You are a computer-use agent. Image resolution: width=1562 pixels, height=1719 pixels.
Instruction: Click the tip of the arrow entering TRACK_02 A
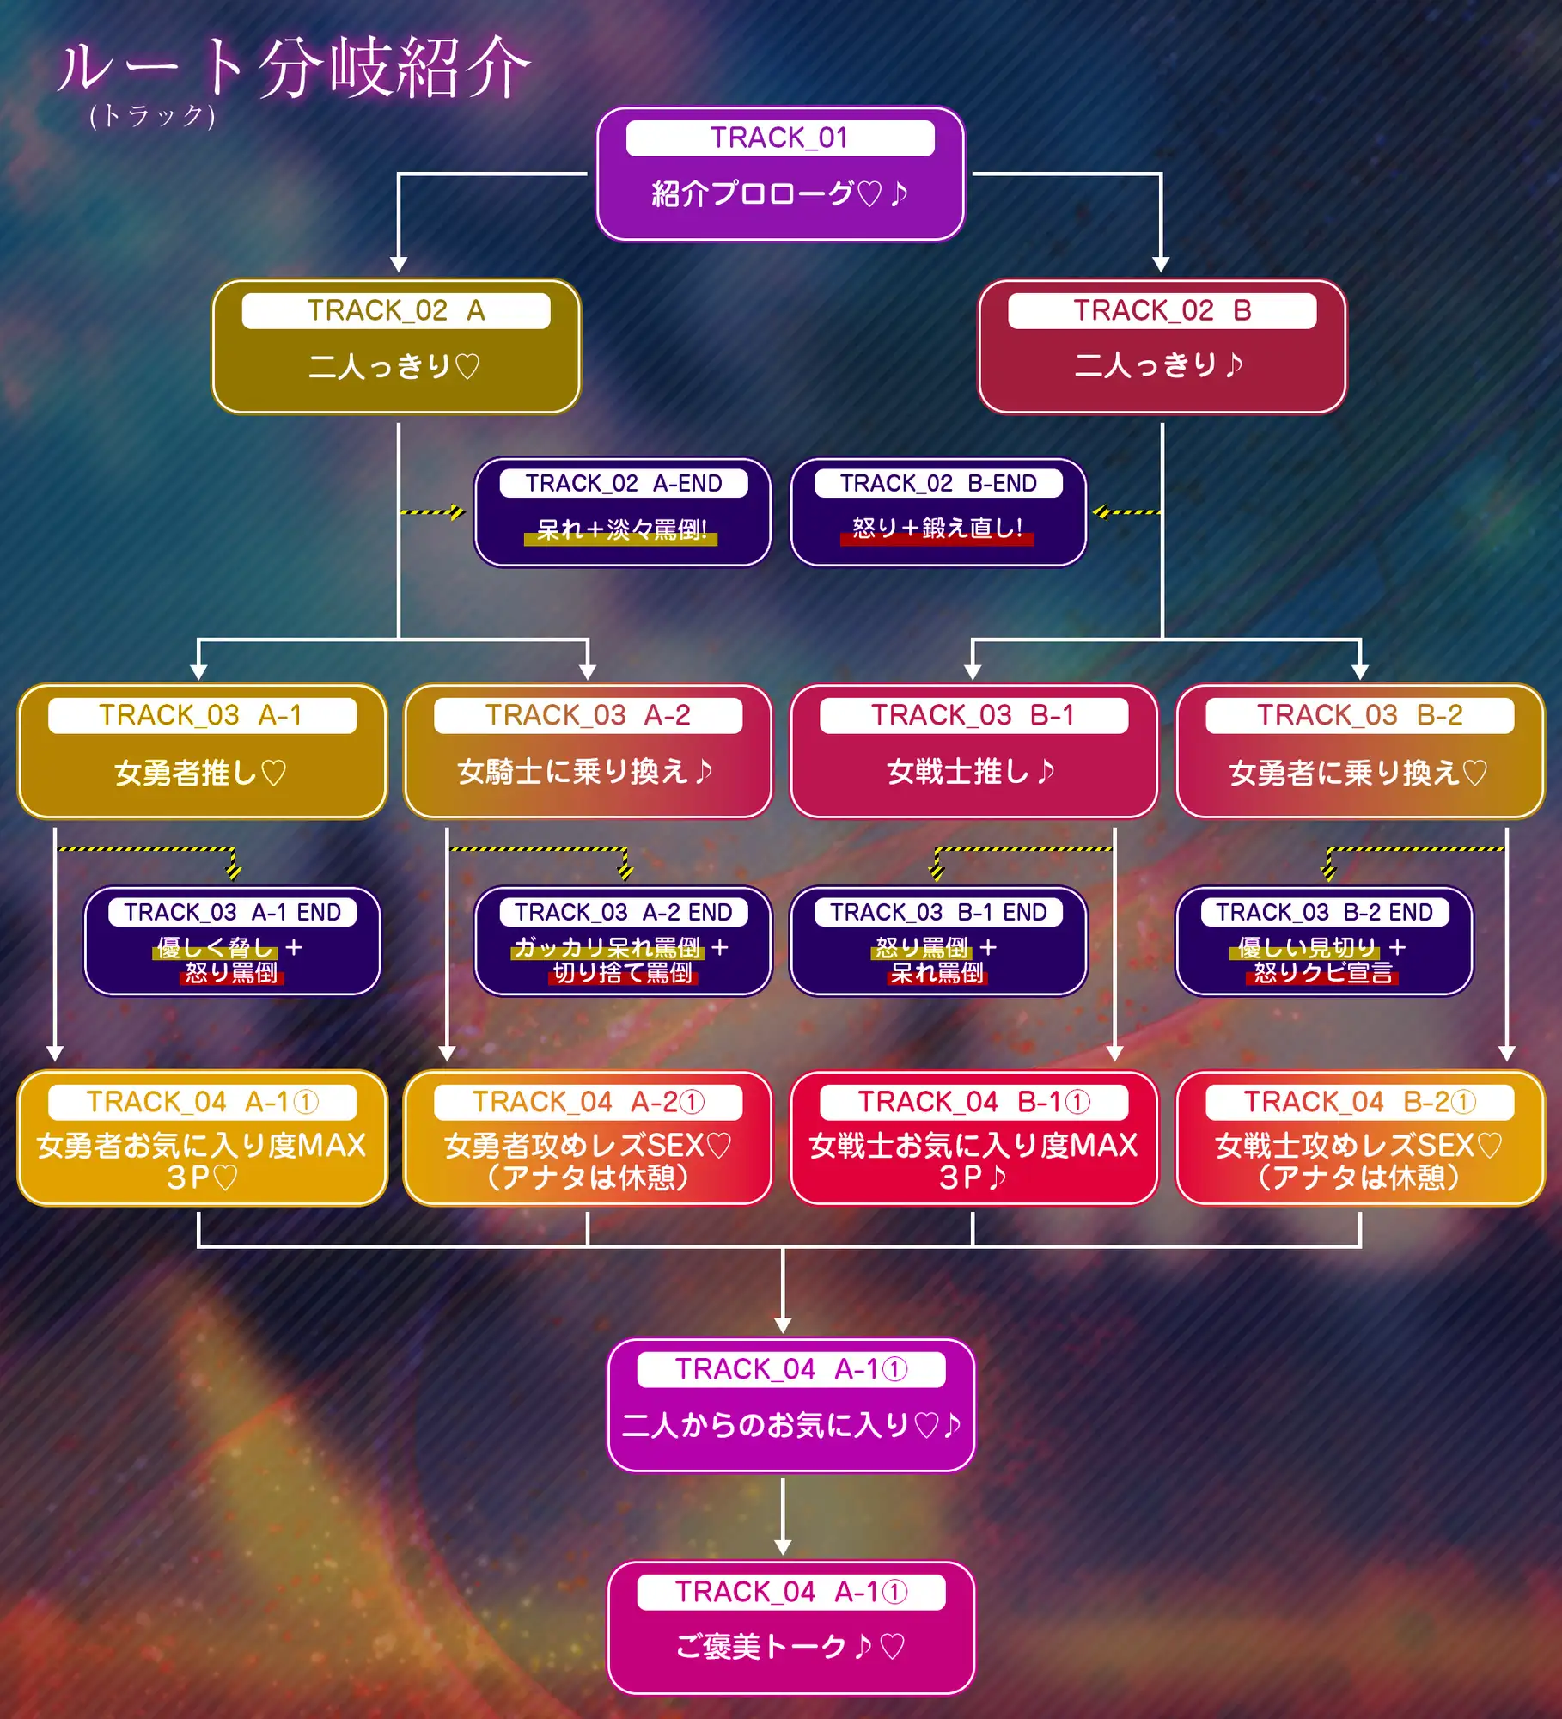point(398,272)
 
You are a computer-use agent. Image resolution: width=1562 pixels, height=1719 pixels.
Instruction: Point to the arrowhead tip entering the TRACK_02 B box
point(1161,272)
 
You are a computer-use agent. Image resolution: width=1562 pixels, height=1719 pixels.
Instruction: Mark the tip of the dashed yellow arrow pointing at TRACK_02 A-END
point(465,512)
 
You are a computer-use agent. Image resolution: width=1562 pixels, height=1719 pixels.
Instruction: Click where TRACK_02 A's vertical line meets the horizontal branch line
point(398,639)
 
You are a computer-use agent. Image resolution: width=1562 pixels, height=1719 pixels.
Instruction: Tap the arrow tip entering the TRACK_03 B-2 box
point(1359,680)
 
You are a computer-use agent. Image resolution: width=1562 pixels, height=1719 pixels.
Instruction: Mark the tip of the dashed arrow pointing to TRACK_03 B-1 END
point(937,881)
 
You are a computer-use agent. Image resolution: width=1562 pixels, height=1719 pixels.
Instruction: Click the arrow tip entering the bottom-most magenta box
point(783,1555)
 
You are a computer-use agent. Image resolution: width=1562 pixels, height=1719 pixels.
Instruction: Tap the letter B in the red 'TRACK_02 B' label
point(1242,310)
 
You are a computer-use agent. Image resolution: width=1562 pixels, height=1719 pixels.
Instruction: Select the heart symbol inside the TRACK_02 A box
point(467,367)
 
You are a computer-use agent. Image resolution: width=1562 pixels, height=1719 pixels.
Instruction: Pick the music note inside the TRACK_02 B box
point(1234,365)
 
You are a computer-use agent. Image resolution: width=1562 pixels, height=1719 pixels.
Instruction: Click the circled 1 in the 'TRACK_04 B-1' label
point(1077,1102)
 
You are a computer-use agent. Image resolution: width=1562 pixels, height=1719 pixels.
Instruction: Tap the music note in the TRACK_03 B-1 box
point(1046,771)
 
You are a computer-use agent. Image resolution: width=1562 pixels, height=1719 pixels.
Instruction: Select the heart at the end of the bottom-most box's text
point(893,1647)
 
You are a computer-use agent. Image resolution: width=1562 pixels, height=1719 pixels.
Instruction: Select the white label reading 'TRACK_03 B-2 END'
point(1324,912)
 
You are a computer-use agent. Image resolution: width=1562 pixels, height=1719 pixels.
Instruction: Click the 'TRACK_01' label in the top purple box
point(779,138)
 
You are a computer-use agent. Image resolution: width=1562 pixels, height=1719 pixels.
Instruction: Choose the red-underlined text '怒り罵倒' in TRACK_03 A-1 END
point(231,973)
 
